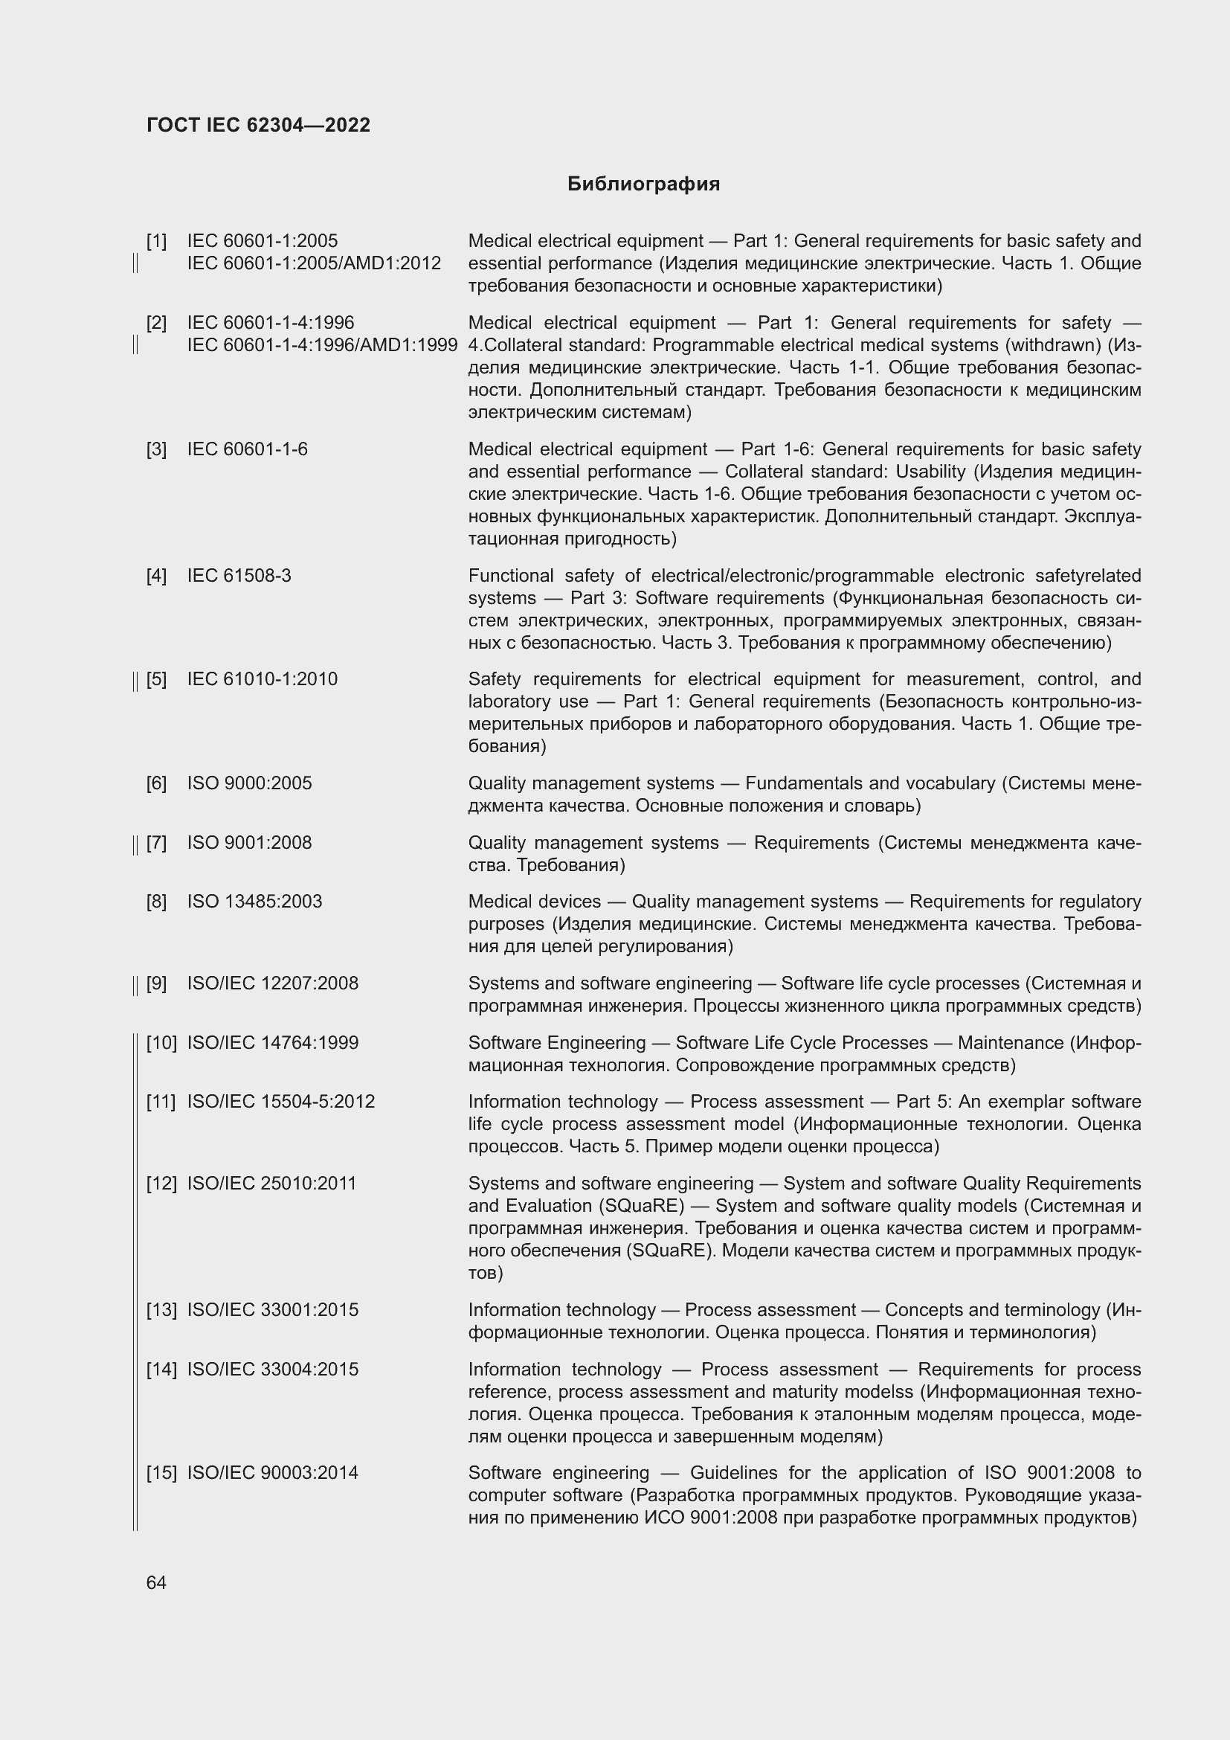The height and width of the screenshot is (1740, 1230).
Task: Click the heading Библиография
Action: (643, 184)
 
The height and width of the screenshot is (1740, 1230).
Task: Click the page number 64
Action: (156, 1582)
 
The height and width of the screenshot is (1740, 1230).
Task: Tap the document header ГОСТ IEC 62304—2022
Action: (258, 125)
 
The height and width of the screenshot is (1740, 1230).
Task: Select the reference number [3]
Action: (156, 449)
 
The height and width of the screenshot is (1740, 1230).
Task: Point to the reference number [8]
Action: (156, 902)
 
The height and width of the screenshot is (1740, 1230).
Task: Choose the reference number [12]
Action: (161, 1184)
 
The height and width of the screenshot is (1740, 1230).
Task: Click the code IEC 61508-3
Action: (239, 576)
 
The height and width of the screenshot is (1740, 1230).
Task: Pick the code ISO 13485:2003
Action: (254, 902)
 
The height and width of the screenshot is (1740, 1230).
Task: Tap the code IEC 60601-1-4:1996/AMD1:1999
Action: (322, 346)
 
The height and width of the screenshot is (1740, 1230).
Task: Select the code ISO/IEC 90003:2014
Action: (273, 1473)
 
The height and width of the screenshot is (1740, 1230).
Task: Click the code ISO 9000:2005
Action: (249, 783)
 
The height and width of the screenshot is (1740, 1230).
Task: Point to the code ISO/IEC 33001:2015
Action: (273, 1310)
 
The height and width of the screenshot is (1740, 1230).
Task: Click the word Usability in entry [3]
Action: (930, 472)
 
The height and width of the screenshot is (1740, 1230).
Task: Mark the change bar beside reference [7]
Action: (135, 844)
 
